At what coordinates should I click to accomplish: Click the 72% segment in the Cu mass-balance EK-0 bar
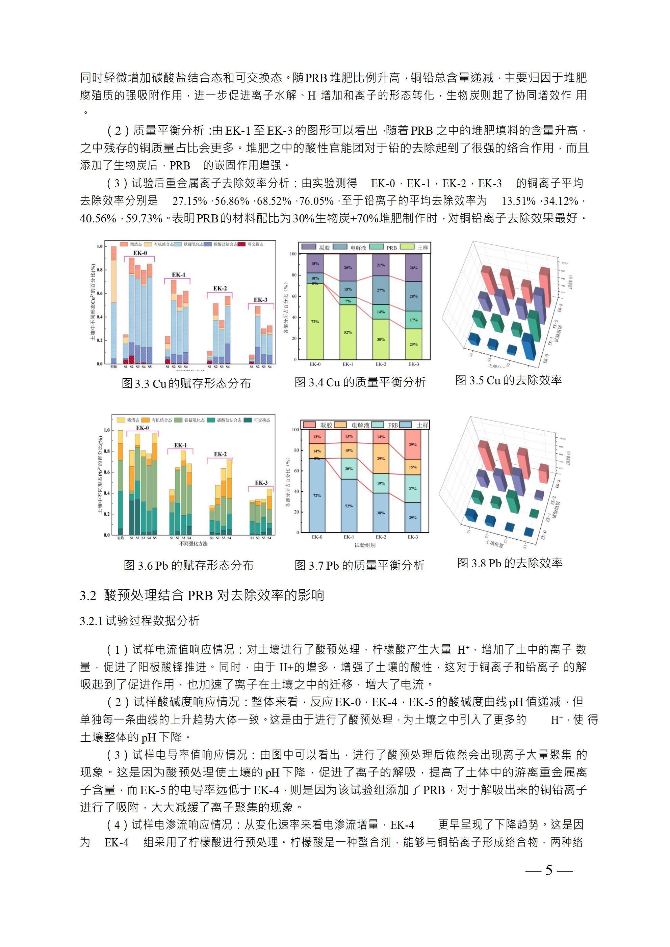315,321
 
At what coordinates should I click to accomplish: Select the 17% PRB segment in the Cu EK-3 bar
413,320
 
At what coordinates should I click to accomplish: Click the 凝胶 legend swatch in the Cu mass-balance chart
309,247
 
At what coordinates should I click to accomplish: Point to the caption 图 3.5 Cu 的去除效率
508,380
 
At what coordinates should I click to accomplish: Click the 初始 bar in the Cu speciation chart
113,305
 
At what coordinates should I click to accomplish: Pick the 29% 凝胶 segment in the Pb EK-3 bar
413,444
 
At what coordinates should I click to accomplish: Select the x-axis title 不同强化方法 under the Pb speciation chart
193,544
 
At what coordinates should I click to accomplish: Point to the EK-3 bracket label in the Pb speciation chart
261,483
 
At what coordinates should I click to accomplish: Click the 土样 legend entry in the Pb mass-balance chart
417,425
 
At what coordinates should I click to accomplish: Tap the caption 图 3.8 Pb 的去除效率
510,563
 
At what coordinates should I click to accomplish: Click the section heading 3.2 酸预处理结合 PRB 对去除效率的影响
202,595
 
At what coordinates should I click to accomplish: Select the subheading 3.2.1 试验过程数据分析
139,621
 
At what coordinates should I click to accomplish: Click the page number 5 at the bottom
549,870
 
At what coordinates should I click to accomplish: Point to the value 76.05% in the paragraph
316,201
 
